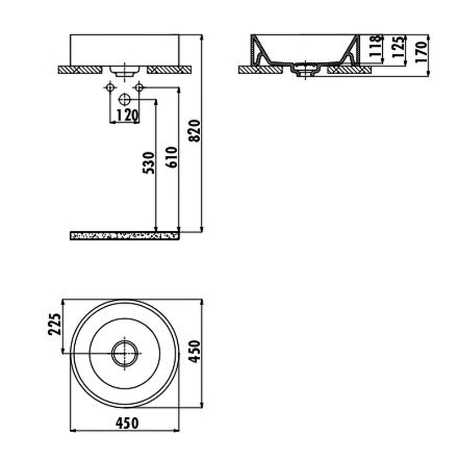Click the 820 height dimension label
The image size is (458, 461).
click(195, 131)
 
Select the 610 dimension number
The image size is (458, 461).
click(172, 157)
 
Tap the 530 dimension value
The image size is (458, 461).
click(149, 163)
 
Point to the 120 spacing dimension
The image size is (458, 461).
click(127, 115)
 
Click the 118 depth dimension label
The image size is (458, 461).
click(376, 46)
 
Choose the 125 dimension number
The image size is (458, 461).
click(398, 47)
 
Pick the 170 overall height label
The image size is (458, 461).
click(421, 52)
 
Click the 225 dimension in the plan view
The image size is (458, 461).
click(55, 324)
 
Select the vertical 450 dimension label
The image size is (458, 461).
click(195, 352)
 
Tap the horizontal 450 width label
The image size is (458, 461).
click(127, 424)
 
